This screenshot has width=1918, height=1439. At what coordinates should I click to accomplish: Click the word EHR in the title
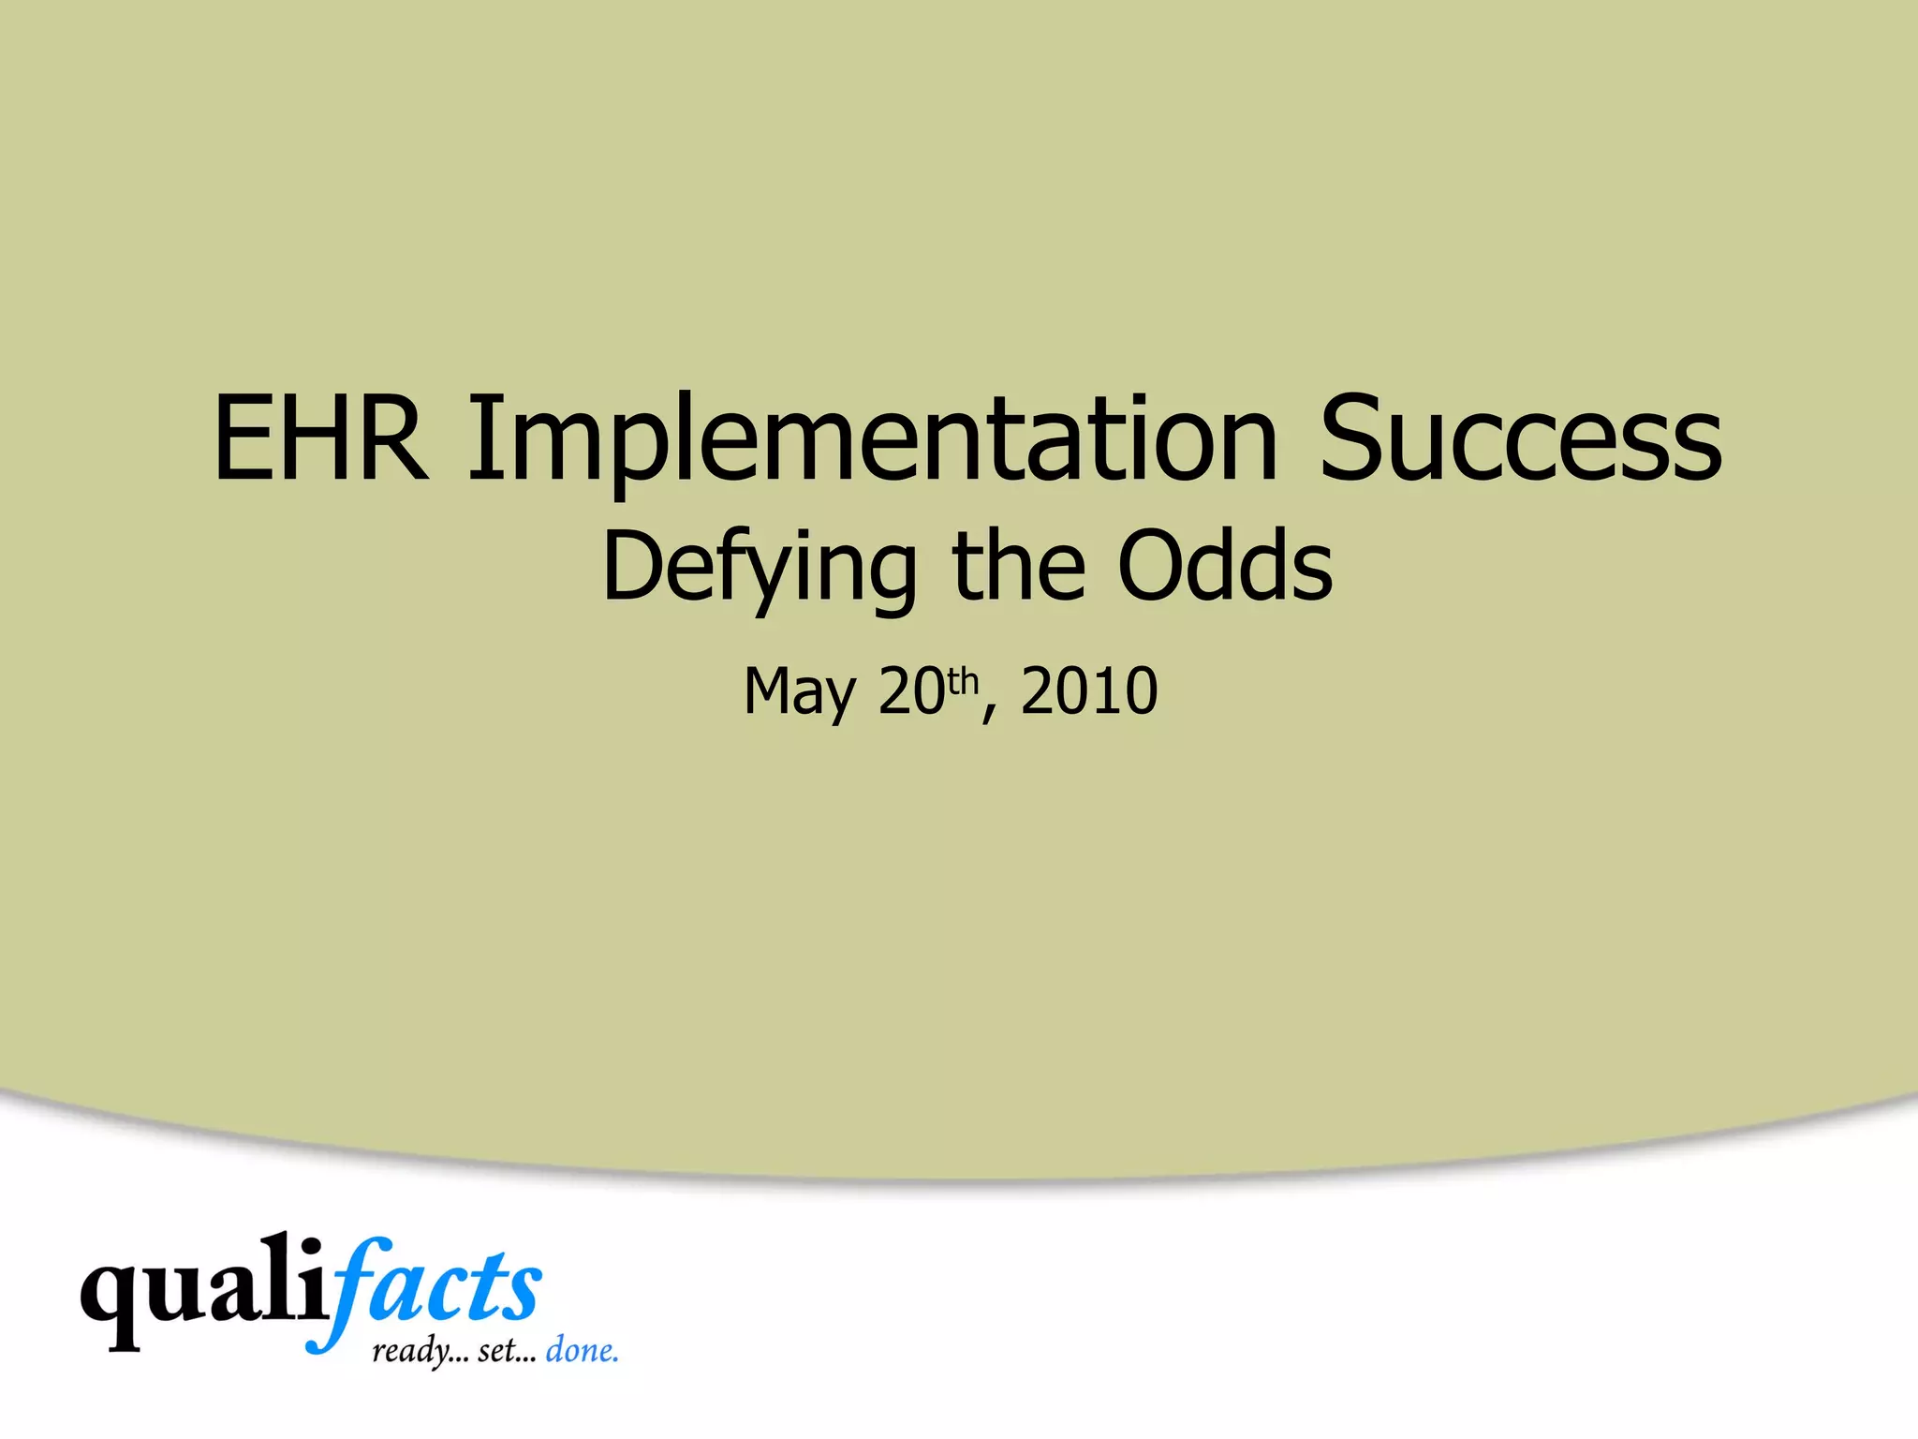point(320,438)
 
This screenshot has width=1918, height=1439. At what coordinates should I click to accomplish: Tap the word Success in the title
point(1519,438)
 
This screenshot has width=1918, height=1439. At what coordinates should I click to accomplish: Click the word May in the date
point(799,692)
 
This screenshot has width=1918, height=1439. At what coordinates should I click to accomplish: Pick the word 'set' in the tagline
point(498,1352)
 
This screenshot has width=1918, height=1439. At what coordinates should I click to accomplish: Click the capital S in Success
point(1355,438)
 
